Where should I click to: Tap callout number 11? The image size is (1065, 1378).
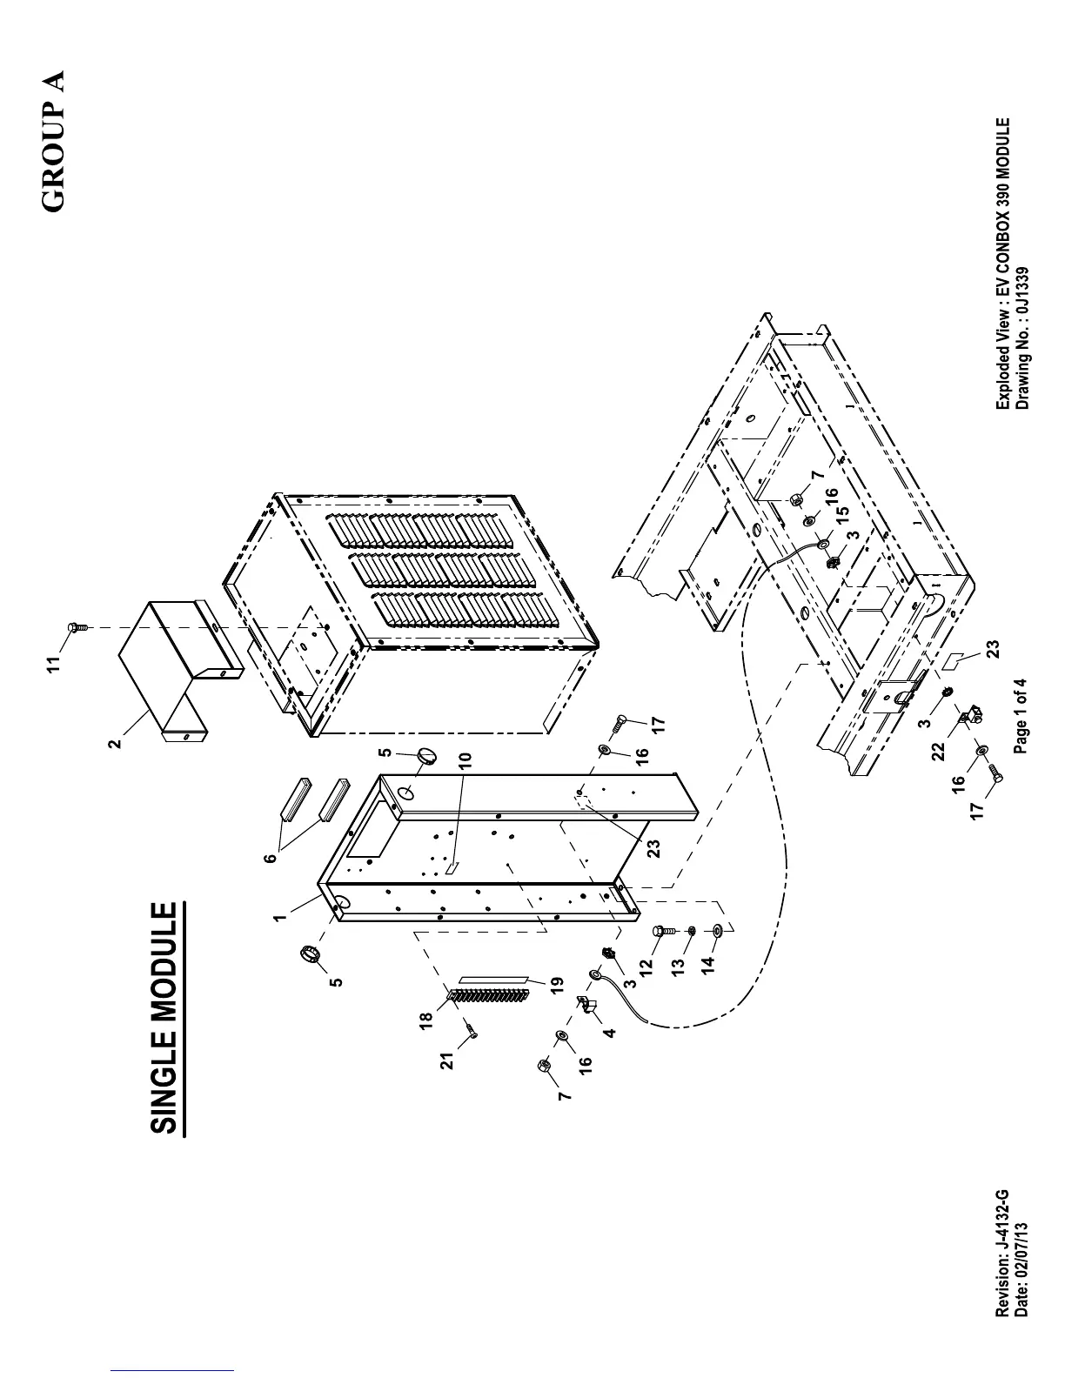click(55, 665)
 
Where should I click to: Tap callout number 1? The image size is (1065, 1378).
click(280, 917)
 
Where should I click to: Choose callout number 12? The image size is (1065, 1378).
click(645, 967)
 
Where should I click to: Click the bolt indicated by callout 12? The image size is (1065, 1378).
click(663, 931)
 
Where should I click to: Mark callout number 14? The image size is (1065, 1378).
click(707, 963)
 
